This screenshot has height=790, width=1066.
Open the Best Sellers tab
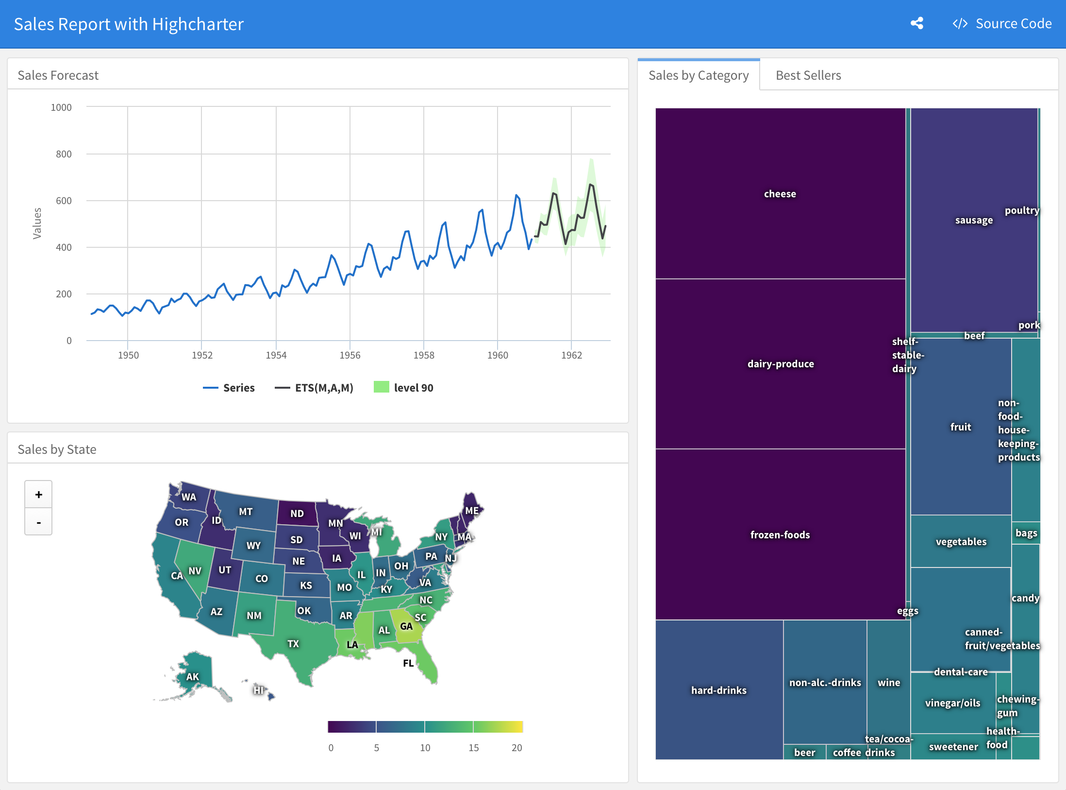[808, 75]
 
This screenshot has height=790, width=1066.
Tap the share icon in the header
[917, 23]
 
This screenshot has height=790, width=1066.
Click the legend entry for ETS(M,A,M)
[314, 388]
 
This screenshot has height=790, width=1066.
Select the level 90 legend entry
[403, 387]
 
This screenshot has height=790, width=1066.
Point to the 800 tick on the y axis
[64, 154]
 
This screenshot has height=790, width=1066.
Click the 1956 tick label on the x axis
[350, 355]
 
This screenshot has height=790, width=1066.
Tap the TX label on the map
[293, 644]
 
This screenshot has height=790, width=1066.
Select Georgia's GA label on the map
[406, 626]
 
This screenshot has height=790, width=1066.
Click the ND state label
[297, 514]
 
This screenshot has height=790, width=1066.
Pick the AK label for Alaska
[193, 677]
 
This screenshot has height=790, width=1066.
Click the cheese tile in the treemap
[780, 193]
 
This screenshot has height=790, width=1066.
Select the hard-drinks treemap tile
[719, 690]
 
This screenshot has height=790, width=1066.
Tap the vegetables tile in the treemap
[961, 541]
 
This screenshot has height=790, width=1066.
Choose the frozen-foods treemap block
[780, 534]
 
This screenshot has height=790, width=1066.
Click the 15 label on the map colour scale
[473, 748]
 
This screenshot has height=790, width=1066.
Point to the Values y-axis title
[37, 223]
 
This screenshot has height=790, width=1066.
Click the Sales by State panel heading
[57, 449]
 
